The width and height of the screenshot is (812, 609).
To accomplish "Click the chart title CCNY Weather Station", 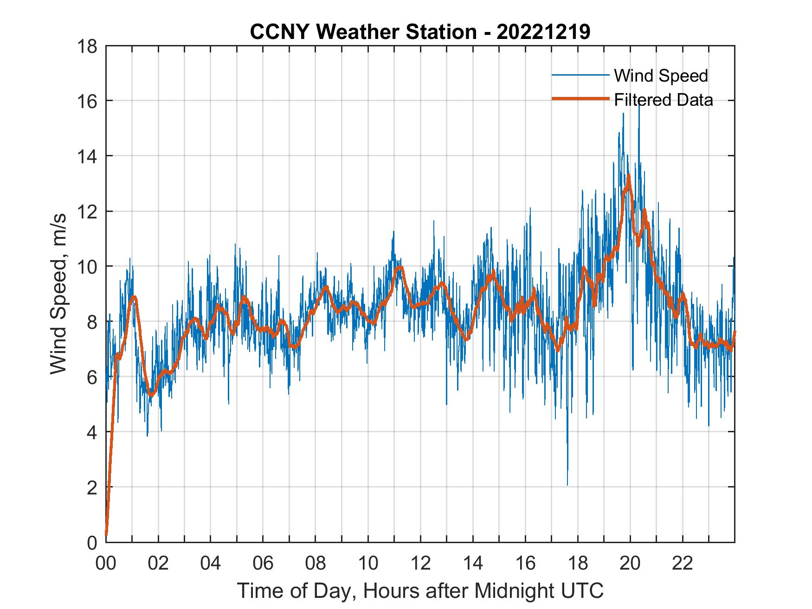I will coord(420,32).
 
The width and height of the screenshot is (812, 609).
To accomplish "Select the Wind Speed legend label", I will coord(661,76).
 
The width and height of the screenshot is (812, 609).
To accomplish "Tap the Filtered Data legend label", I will coord(663,100).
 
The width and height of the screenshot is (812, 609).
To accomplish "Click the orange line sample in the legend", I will coord(580,99).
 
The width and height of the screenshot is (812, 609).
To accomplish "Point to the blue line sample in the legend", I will coord(580,75).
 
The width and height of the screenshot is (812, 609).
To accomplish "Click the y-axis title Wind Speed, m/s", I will coord(58,294).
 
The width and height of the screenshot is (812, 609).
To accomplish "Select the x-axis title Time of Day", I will coord(420,591).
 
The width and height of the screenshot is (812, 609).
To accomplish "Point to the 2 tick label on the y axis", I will coord(92,487).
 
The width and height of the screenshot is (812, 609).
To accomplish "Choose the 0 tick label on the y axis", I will coord(92,542).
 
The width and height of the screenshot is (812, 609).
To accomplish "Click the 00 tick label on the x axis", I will coord(106,564).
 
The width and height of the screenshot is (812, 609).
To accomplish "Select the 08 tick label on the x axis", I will coord(316,564).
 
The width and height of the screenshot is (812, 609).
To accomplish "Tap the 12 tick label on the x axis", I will coord(420,564).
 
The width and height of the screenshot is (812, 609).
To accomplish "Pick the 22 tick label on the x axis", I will coord(683,564).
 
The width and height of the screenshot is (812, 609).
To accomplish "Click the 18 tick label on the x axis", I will coord(578,564).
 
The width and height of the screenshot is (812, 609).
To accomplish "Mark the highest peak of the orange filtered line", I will coord(629,175).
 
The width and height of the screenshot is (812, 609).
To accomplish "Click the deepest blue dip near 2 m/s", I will coord(567,484).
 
